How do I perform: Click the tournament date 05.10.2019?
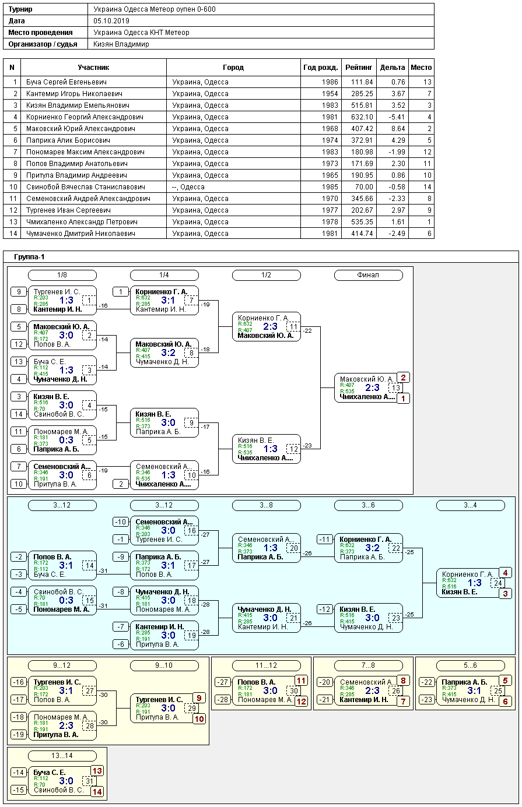click(111, 21)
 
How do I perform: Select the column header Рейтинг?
click(358, 68)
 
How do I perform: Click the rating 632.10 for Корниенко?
click(362, 117)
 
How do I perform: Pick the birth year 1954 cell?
click(330, 94)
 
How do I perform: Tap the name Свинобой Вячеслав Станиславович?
click(85, 187)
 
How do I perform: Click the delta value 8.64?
click(398, 129)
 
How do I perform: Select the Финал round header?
click(368, 275)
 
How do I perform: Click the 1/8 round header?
click(62, 275)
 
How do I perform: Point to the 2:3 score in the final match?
click(372, 387)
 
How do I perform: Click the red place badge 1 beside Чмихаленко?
click(403, 399)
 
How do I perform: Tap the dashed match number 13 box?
click(396, 387)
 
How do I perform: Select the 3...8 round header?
click(266, 505)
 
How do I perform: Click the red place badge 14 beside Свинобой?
click(97, 792)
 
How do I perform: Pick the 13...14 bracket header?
click(62, 756)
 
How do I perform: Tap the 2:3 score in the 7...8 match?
click(372, 690)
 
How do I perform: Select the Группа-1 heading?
click(29, 257)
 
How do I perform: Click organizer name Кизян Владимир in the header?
click(121, 44)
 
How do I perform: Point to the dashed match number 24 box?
click(498, 583)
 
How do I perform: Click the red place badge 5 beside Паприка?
click(505, 681)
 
